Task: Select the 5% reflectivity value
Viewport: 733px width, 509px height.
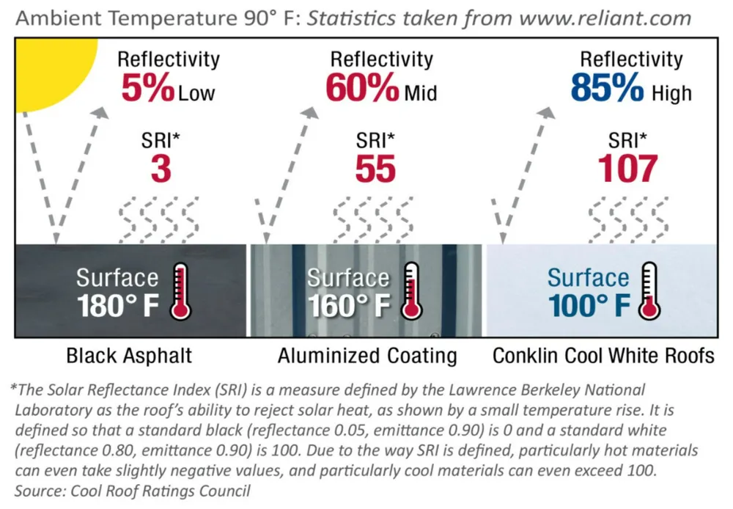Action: (x=148, y=87)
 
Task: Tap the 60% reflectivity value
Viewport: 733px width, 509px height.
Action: (x=362, y=87)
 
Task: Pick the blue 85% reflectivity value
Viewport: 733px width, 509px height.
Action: (x=607, y=87)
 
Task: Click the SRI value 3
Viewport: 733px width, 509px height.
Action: (x=161, y=169)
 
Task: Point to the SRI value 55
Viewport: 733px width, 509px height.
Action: (x=375, y=169)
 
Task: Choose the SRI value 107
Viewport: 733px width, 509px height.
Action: (x=628, y=169)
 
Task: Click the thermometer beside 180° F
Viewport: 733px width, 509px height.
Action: (x=180, y=291)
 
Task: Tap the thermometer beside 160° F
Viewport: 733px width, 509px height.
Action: (x=411, y=291)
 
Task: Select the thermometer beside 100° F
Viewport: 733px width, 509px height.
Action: (x=649, y=291)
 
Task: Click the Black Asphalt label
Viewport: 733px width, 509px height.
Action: (x=129, y=356)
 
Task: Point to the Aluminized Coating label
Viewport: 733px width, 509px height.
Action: (x=367, y=356)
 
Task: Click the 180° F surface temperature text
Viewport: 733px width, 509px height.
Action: (x=118, y=306)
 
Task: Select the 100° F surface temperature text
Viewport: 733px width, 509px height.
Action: (x=589, y=306)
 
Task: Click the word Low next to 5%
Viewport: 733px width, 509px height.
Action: (x=196, y=93)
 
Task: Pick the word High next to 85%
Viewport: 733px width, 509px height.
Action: (x=671, y=92)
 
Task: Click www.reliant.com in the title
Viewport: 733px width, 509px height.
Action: (x=605, y=19)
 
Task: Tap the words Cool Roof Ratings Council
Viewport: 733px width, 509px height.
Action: (x=161, y=491)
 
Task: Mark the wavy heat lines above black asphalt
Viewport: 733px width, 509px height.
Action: (x=158, y=219)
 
